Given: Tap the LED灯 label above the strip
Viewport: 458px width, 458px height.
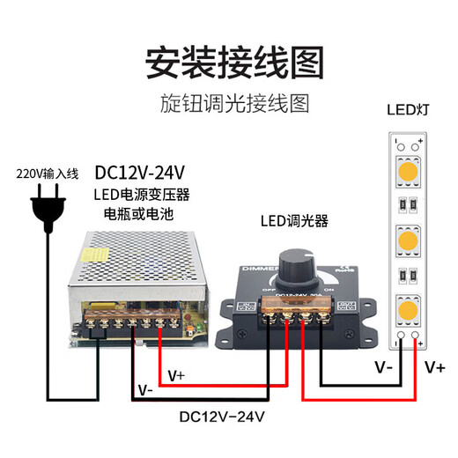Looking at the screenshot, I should (407, 112).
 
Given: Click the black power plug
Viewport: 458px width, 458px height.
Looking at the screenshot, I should (48, 208).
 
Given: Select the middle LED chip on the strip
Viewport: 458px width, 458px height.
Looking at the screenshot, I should (407, 240).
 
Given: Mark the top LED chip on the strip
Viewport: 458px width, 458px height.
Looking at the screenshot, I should (407, 168).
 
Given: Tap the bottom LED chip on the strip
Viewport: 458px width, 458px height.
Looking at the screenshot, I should (407, 309).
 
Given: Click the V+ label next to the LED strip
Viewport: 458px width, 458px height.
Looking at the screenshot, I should (433, 365).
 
